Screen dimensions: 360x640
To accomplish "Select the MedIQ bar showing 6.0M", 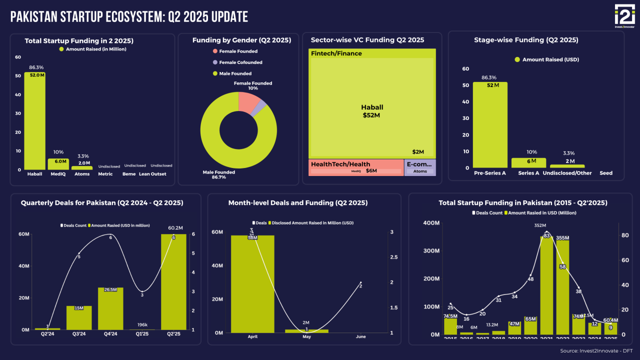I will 58,164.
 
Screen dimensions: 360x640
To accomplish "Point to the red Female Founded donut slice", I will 248,101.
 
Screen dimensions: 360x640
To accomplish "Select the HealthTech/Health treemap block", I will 356,167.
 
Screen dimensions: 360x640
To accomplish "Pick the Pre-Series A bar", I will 490,125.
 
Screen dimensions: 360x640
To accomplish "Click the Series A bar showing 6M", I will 528,162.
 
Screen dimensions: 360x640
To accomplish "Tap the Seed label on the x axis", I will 605,173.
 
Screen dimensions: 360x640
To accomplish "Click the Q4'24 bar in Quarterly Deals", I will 110,308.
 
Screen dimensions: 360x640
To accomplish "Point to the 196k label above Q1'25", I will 142,324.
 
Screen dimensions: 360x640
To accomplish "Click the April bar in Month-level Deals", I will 252,283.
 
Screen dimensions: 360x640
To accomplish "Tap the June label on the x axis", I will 360,337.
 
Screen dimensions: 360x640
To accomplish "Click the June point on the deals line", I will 360,282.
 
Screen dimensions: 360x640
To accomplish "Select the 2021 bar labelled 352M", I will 546,285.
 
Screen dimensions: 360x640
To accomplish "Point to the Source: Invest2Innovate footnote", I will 597,351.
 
